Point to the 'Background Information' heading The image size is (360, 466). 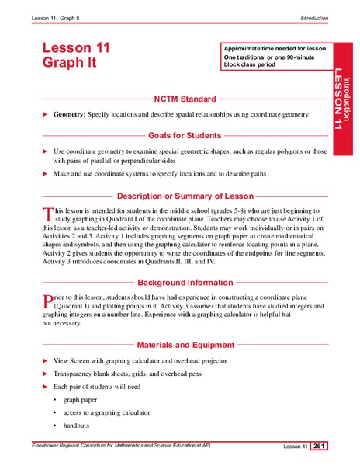point(185,283)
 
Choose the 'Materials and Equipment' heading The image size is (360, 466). point(185,345)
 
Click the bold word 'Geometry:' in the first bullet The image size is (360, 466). point(70,114)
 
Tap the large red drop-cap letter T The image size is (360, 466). point(47,214)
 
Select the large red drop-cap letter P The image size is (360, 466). point(47,301)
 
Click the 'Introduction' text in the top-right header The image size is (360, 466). point(313,17)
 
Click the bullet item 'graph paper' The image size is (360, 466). point(81,399)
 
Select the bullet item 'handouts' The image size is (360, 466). point(77,426)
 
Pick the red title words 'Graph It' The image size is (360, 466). point(70,64)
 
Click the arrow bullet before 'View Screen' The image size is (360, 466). point(44,361)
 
